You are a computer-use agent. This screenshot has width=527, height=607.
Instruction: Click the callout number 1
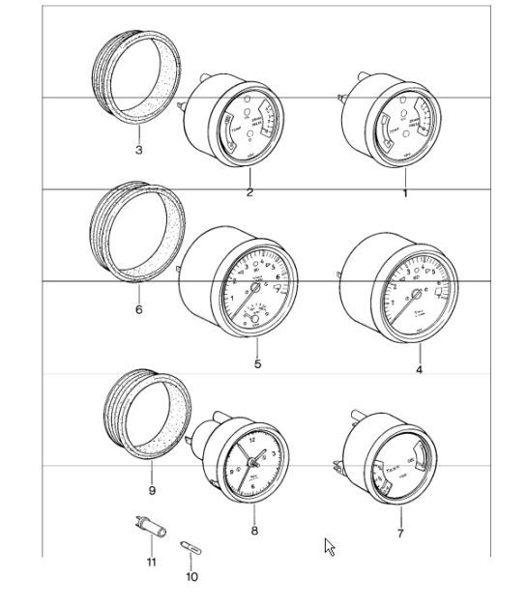(404, 194)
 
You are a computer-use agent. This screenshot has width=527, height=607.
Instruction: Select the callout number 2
(249, 194)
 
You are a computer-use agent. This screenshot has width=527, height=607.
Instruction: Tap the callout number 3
(138, 151)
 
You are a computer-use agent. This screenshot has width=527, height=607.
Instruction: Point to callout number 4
(419, 369)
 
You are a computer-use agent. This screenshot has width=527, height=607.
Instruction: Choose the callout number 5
(257, 364)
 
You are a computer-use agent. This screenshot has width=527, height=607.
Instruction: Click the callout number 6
(138, 310)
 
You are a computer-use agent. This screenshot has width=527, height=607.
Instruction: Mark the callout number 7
(399, 533)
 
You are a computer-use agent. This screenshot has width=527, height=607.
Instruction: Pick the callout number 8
(253, 531)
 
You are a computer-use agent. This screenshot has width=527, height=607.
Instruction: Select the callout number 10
(191, 577)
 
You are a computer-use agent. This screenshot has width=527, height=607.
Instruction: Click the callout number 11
(151, 562)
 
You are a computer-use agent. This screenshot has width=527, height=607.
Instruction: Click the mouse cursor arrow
(330, 547)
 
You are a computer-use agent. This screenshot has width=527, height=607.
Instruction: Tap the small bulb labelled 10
(190, 549)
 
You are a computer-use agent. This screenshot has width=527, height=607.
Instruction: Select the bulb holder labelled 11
(148, 528)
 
